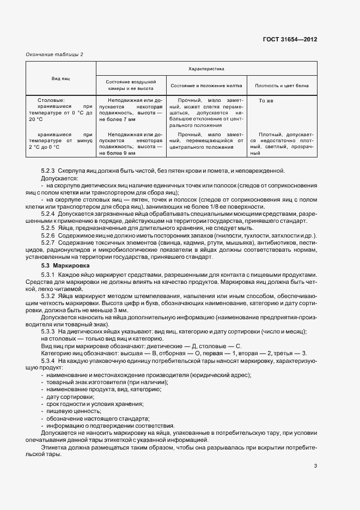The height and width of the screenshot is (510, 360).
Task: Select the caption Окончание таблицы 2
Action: [x=54, y=54]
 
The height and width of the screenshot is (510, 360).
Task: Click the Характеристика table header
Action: [x=206, y=69]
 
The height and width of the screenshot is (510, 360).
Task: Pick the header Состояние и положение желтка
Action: [x=206, y=86]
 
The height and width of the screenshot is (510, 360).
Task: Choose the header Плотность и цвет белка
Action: [x=282, y=86]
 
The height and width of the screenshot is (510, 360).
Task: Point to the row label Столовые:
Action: [x=51, y=101]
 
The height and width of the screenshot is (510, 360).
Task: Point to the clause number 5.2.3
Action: [x=48, y=171]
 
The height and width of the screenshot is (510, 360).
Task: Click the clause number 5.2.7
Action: [x=48, y=242]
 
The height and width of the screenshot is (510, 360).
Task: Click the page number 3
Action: [x=315, y=465]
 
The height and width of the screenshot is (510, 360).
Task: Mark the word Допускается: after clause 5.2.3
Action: [x=59, y=178]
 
